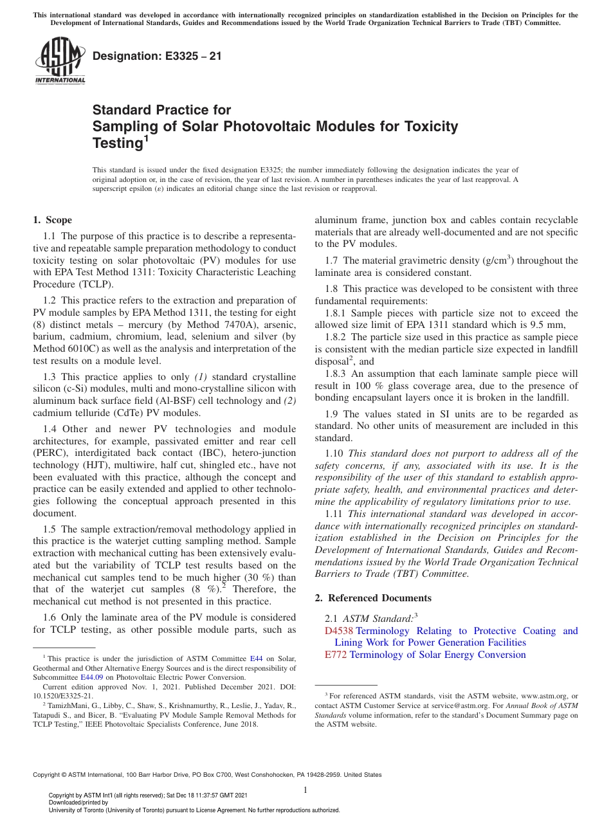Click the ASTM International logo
pos(59,62)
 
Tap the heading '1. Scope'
pos(53,220)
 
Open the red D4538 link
pos(340,631)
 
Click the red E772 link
pos(336,655)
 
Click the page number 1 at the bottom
pos(305,790)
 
